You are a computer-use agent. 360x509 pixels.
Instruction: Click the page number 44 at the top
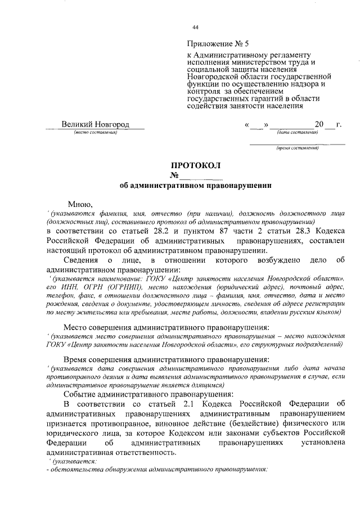click(x=195, y=27)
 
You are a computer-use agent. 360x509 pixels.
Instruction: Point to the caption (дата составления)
click(x=297, y=133)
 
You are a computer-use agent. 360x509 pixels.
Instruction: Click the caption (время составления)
click(x=297, y=148)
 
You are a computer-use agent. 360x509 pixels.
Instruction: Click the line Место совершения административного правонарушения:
click(x=159, y=327)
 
